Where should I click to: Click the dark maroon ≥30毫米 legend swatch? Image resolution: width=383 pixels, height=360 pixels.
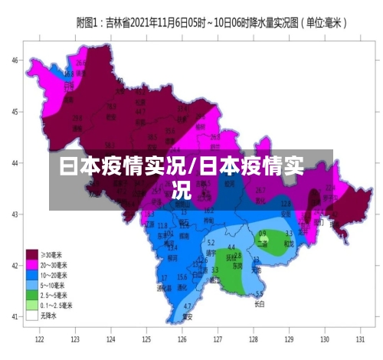(x=33, y=254)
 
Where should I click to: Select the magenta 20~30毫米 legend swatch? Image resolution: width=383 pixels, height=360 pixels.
(x=33, y=264)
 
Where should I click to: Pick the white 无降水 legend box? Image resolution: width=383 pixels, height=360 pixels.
(x=33, y=314)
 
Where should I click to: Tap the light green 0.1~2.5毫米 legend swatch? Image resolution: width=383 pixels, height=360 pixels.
(x=33, y=304)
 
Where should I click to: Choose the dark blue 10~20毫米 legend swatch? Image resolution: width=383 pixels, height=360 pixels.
(x=33, y=274)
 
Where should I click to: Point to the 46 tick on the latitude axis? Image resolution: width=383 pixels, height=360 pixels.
(x=15, y=59)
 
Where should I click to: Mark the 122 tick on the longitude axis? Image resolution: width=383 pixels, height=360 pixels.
(x=39, y=337)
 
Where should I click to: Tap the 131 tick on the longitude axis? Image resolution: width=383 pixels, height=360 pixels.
(x=360, y=337)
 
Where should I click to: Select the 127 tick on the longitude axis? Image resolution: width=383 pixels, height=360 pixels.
(x=218, y=337)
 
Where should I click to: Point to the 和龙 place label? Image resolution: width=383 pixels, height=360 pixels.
(x=289, y=244)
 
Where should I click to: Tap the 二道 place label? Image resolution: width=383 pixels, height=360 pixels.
(x=263, y=244)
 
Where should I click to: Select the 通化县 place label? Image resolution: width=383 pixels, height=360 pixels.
(x=163, y=287)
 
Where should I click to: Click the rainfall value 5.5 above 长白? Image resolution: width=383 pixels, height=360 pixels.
(x=259, y=294)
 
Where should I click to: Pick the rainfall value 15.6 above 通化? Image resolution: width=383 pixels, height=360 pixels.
(x=182, y=277)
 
